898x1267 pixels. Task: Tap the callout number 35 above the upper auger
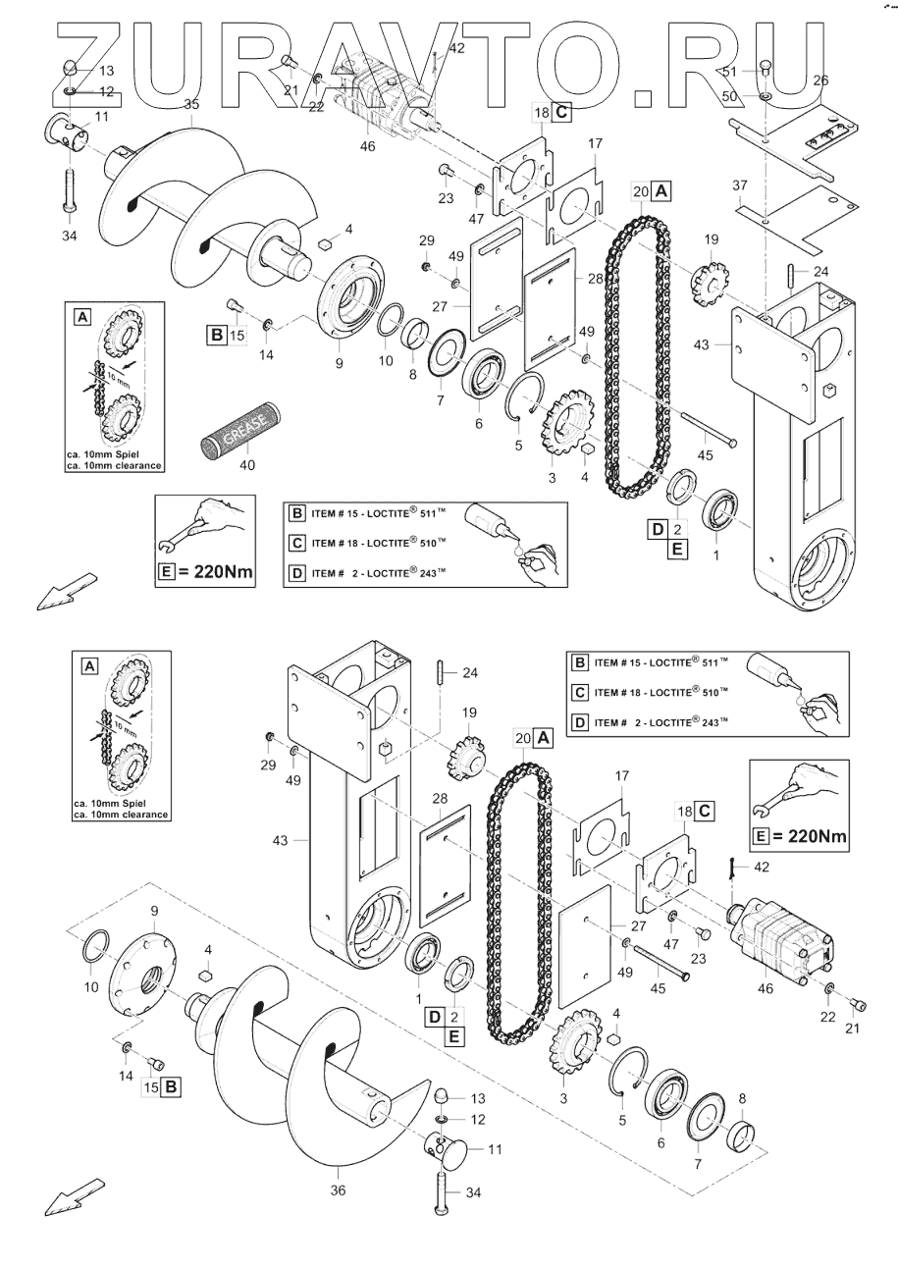pyautogui.click(x=191, y=104)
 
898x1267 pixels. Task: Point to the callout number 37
pyautogui.click(x=740, y=185)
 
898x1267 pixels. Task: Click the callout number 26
pyautogui.click(x=821, y=80)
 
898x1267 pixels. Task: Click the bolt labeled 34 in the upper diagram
pyautogui.click(x=71, y=186)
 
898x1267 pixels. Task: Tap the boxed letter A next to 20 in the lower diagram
pyautogui.click(x=544, y=736)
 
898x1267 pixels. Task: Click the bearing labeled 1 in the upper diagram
pyautogui.click(x=727, y=510)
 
